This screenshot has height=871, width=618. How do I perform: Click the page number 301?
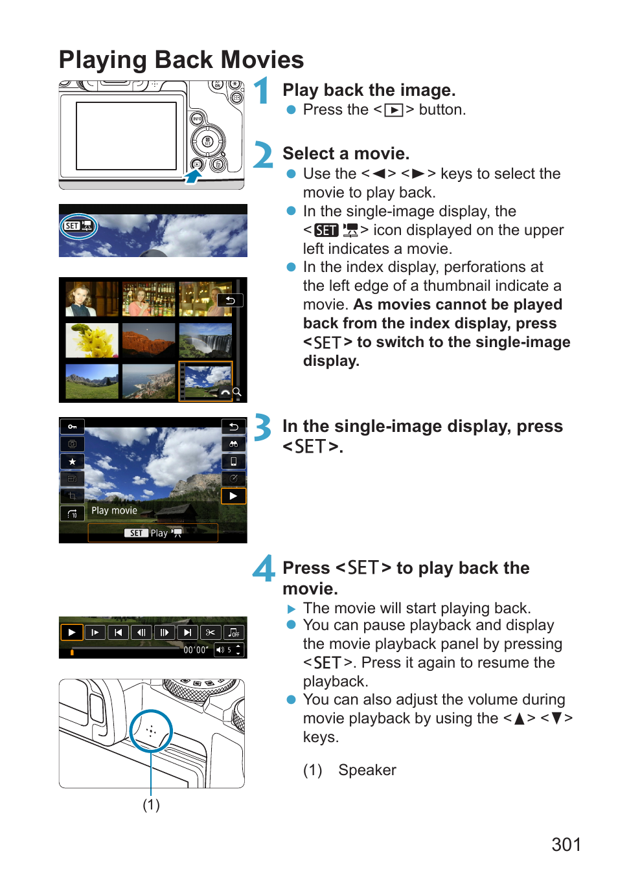pyautogui.click(x=566, y=844)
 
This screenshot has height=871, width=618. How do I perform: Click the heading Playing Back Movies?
pyautogui.click(x=181, y=60)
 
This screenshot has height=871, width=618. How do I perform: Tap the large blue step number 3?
pyautogui.click(x=262, y=427)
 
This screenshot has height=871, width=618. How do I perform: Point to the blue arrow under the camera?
pyautogui.click(x=193, y=176)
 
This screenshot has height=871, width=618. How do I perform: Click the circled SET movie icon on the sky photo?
pyautogui.click(x=78, y=226)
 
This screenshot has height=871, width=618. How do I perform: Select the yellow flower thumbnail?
pyautogui.click(x=92, y=340)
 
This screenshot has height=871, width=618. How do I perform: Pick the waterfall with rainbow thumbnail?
pyautogui.click(x=205, y=340)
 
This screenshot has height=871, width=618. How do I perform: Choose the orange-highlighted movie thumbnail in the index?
pyautogui.click(x=205, y=381)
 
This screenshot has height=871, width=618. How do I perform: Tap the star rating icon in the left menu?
pyautogui.click(x=73, y=462)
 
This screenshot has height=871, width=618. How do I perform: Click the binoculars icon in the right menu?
pyautogui.click(x=233, y=444)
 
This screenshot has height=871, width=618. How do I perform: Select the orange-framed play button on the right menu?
pyautogui.click(x=233, y=496)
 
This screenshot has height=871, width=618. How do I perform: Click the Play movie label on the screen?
pyautogui.click(x=115, y=510)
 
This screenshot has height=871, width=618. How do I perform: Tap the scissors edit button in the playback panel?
pyautogui.click(x=211, y=633)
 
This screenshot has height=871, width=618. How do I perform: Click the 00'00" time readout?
pyautogui.click(x=196, y=650)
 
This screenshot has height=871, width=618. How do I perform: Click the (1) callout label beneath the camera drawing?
pyautogui.click(x=152, y=805)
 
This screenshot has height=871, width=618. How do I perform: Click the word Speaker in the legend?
pyautogui.click(x=367, y=770)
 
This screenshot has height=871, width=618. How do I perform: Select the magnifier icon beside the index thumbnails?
pyautogui.click(x=237, y=392)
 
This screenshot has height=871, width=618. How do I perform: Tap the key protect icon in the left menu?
pyautogui.click(x=73, y=427)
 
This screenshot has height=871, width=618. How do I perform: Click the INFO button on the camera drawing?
pyautogui.click(x=197, y=119)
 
